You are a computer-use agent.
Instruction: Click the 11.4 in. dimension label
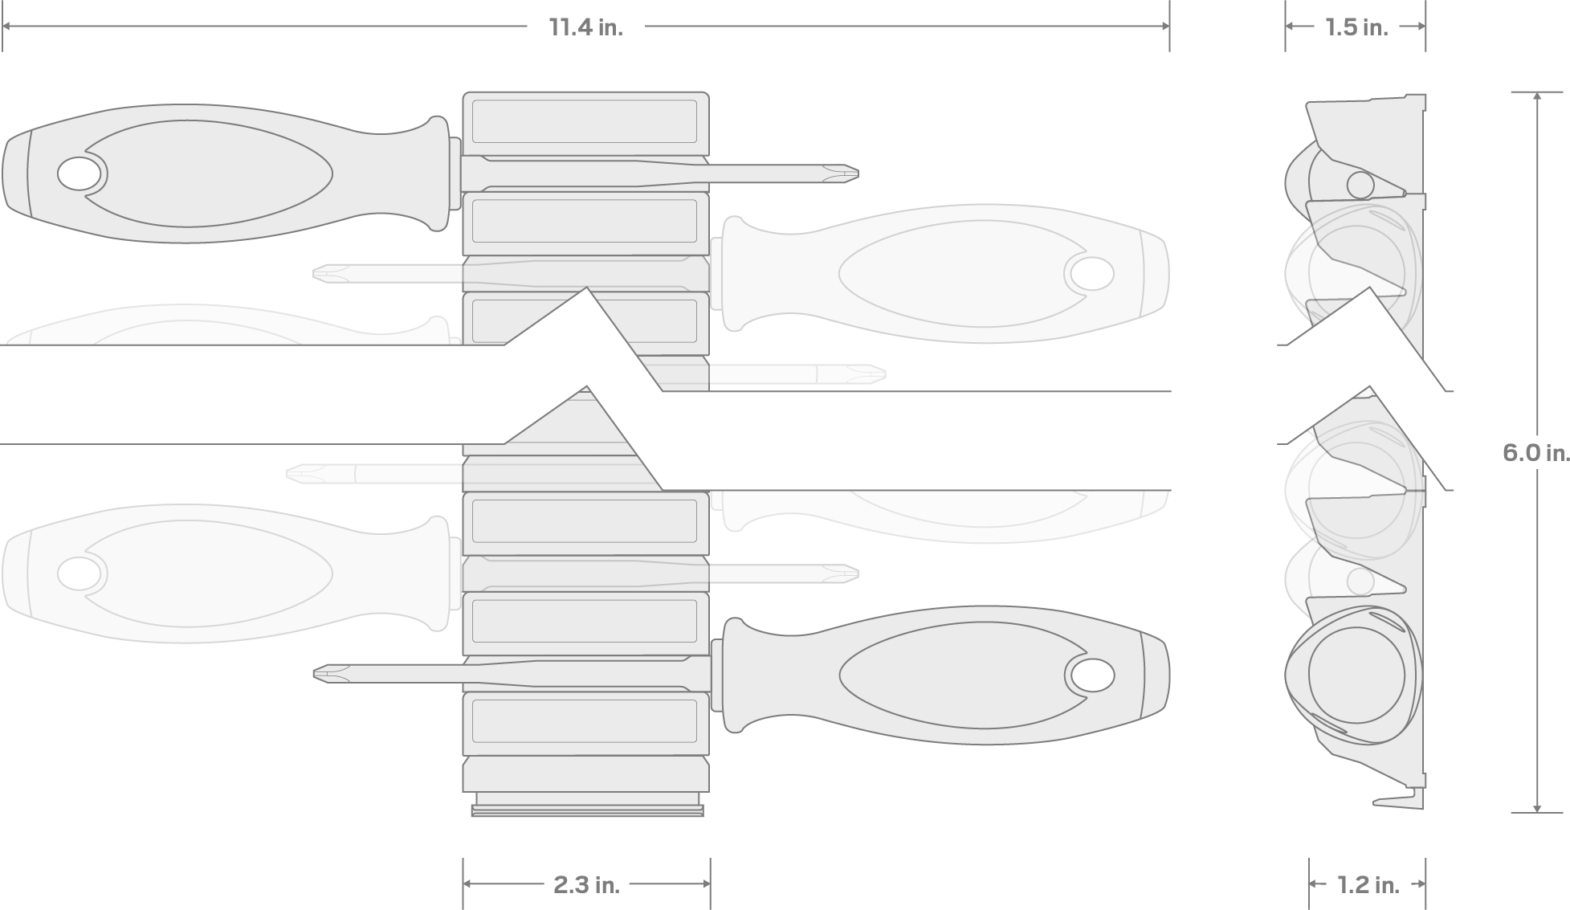pos(585,27)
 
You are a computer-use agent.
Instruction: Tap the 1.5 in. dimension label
pos(1356,27)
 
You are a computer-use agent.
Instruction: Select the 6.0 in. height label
pos(1535,453)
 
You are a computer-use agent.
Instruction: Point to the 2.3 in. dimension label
pos(586,885)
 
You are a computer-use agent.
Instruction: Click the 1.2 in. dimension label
pos(1368,885)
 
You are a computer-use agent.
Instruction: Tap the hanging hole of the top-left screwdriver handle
pos(80,173)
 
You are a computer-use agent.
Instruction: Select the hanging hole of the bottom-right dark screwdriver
pos(1091,675)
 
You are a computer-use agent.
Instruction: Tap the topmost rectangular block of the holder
pos(585,122)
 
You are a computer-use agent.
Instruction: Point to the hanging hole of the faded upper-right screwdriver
pos(1091,274)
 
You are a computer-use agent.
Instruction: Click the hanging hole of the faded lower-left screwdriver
pos(80,573)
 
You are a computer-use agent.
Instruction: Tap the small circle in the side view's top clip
pos(1360,185)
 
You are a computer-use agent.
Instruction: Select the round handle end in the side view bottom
pos(1356,675)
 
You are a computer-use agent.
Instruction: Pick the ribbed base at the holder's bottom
pos(587,805)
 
